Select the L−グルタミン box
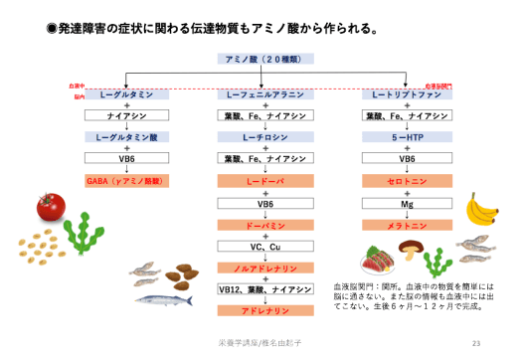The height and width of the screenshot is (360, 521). (x=127, y=94)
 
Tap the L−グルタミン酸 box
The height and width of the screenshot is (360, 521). (x=127, y=137)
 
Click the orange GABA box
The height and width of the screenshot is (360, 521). (x=127, y=181)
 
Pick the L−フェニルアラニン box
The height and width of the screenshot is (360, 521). (x=265, y=94)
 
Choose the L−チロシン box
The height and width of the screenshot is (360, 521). (x=265, y=137)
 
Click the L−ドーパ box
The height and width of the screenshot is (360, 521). (x=265, y=181)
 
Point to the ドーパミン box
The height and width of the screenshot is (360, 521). (x=265, y=225)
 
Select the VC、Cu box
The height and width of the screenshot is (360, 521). (x=265, y=246)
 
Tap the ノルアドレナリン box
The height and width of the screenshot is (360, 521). (x=265, y=269)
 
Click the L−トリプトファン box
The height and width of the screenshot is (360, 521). (x=407, y=94)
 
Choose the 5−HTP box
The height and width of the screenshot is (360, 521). (x=407, y=137)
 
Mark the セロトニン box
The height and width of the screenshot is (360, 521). (x=407, y=181)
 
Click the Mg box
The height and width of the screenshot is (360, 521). (x=407, y=203)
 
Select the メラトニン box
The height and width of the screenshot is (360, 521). (x=407, y=225)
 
